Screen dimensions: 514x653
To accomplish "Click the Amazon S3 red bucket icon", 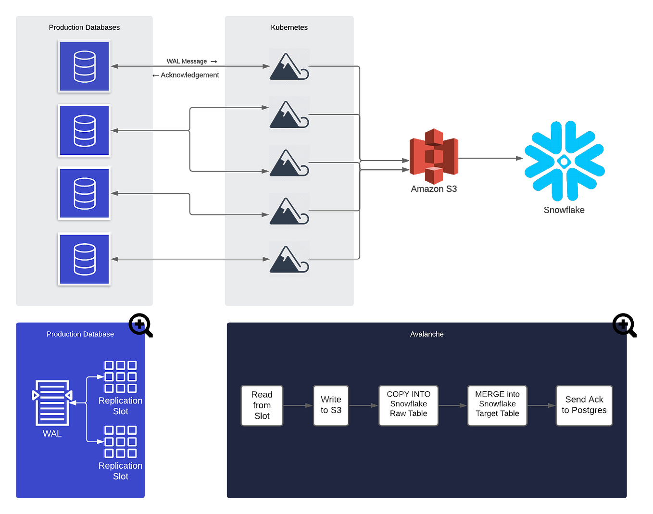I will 434,156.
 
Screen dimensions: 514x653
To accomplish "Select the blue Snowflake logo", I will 564,161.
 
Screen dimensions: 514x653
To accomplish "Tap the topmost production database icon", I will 85,66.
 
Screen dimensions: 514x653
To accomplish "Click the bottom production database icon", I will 85,259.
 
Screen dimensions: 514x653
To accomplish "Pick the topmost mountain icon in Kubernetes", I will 289,66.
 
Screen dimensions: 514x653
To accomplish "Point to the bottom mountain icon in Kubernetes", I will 289,259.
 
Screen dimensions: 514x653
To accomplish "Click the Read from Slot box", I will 262,405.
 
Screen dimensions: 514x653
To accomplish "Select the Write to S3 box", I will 331,405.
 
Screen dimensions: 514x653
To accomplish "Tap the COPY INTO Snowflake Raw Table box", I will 408,405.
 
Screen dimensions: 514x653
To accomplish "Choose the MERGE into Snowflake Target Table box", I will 497,405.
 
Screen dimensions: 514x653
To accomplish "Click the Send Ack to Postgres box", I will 584,405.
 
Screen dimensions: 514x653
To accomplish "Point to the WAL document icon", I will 52,403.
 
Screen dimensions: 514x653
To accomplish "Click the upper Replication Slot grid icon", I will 121,376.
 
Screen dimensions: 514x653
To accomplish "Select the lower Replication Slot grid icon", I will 121,441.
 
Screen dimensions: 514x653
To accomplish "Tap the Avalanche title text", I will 427,334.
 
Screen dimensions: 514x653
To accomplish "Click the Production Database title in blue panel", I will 80,334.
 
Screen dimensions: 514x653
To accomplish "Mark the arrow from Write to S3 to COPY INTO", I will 364,406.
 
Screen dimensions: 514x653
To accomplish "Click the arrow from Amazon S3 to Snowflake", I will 490,158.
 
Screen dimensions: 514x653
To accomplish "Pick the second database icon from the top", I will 85,131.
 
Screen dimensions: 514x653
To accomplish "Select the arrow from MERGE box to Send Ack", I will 541,406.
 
